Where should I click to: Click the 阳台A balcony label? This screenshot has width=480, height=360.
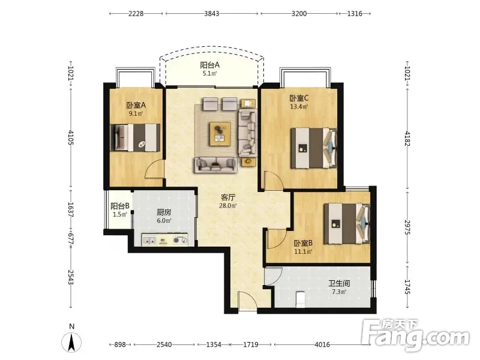pos(209,65)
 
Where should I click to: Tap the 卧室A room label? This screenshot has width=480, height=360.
pos(136,105)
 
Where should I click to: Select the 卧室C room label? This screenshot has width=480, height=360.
pos(299,98)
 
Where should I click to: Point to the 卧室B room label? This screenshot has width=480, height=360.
pos(303,243)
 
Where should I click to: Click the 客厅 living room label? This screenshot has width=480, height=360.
pos(228,197)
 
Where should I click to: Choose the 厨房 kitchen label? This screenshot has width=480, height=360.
pos(164,212)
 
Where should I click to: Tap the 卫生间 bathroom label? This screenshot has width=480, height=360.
pos(339,283)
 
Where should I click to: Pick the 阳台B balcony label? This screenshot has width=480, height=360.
pos(119,206)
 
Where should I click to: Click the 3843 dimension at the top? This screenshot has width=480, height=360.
pos(212,13)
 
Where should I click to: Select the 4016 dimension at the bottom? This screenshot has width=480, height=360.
pos(322,344)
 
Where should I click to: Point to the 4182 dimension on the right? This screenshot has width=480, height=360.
pos(407,139)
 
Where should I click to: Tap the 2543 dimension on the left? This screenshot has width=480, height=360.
pos(71,277)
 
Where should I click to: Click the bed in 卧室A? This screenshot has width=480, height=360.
pos(135,137)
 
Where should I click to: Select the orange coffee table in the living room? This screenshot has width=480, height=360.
pos(220,134)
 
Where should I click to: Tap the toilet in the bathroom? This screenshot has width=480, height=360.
pos(301,299)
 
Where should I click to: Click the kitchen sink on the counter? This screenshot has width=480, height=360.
pos(149,241)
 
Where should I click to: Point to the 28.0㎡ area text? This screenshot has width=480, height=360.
pos(228,206)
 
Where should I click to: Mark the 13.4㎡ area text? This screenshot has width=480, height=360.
pos(299,107)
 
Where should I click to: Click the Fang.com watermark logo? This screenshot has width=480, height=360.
pos(415,335)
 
